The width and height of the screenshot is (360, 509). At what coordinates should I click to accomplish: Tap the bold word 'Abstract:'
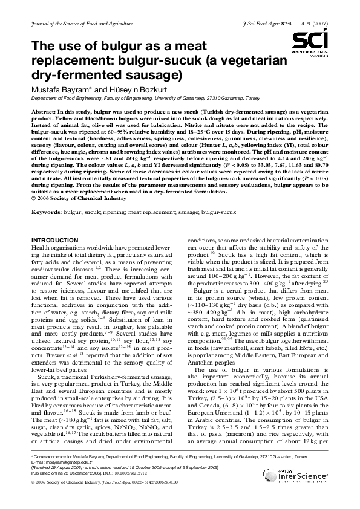click(x=45, y=113)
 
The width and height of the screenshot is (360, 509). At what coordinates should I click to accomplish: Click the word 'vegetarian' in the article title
click(x=255, y=60)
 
